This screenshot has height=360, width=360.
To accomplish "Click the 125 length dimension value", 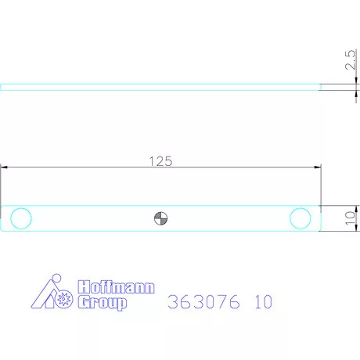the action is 160,161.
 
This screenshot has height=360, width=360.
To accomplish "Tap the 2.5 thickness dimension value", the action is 350,60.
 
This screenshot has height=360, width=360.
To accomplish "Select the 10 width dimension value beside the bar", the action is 350,218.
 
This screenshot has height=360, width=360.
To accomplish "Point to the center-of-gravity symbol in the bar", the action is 160,218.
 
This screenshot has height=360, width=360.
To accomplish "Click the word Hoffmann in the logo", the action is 117,287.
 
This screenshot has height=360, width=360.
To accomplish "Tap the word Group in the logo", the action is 103,303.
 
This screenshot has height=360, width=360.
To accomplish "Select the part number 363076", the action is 203,301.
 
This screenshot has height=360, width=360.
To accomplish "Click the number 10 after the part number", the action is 263,301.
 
